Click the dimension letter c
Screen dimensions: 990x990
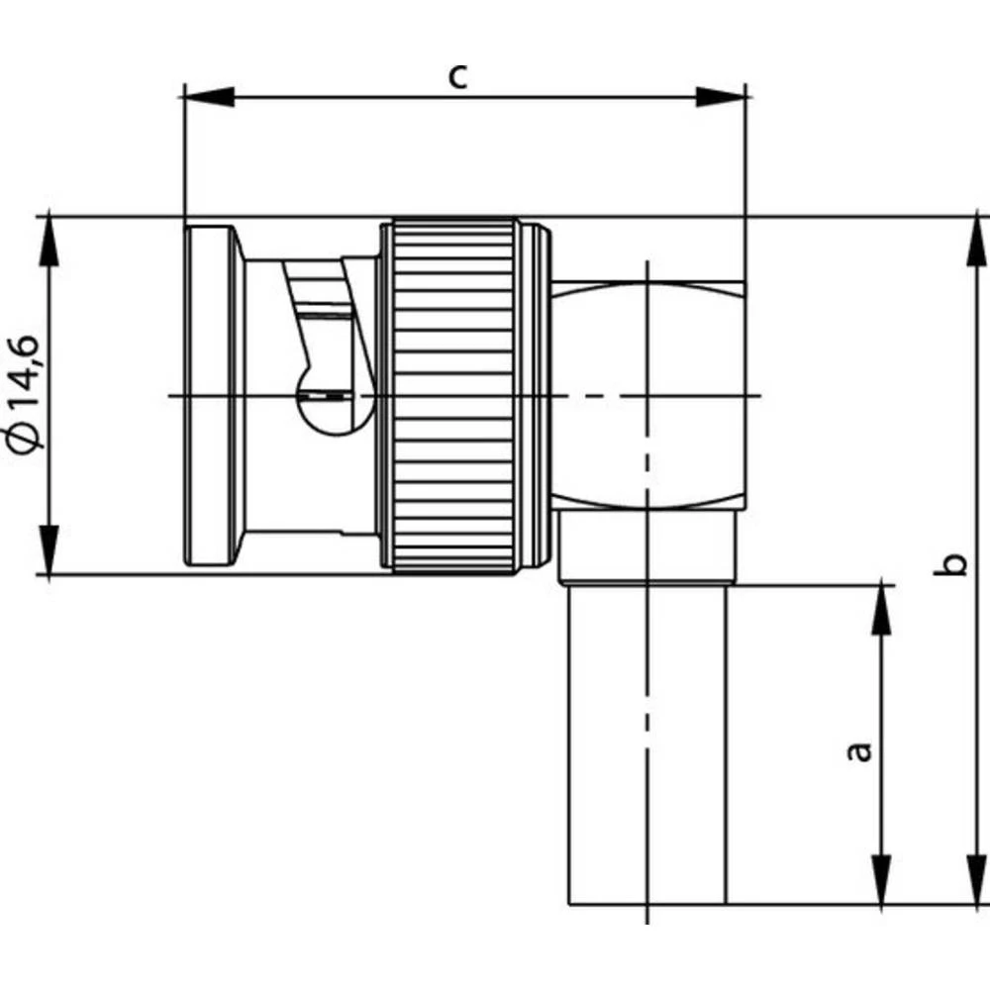[457, 75]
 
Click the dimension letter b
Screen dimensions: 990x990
[952, 564]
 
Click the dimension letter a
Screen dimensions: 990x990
[861, 750]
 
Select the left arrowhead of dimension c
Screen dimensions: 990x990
[209, 96]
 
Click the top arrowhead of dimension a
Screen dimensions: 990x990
[880, 610]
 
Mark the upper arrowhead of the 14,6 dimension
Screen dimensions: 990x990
[48, 241]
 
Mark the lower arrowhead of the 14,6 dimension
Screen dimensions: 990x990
[48, 549]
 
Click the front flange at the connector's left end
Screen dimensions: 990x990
[210, 396]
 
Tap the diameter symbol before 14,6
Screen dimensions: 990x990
[28, 436]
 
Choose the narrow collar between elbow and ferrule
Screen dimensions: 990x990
[647, 546]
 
